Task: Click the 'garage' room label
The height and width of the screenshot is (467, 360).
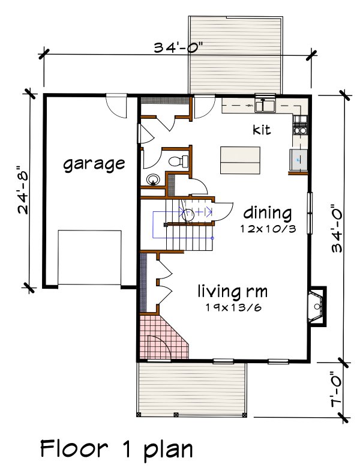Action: (94, 163)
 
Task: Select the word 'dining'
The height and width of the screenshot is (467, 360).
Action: (268, 213)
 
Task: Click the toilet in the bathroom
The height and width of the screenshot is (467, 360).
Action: (178, 161)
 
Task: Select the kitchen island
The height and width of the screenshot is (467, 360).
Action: (240, 159)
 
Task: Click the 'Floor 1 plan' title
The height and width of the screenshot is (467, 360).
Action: (116, 448)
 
